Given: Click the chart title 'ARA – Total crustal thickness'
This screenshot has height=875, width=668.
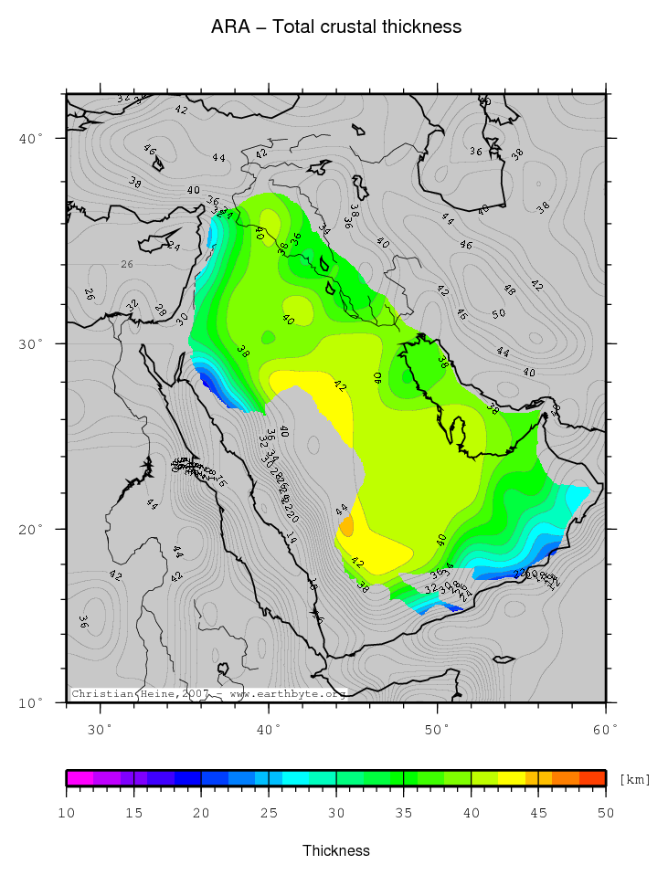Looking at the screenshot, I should pyautogui.click(x=335, y=27).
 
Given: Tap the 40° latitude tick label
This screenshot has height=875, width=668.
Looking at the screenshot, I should pyautogui.click(x=32, y=138).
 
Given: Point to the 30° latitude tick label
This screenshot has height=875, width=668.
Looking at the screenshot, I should pyautogui.click(x=32, y=343).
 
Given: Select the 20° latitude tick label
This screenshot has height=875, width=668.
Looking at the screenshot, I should pyautogui.click(x=32, y=529).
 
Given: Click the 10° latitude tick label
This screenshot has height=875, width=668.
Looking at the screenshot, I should pyautogui.click(x=32, y=702).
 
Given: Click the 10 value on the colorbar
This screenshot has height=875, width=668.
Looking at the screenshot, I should pyautogui.click(x=67, y=813).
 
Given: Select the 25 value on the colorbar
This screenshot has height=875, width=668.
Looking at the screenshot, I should pyautogui.click(x=269, y=813).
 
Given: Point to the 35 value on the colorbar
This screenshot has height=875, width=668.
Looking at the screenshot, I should pyautogui.click(x=404, y=813).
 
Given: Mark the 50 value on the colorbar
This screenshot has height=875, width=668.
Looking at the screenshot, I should pyautogui.click(x=605, y=813).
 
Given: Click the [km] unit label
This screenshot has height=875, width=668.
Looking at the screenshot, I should pyautogui.click(x=635, y=779).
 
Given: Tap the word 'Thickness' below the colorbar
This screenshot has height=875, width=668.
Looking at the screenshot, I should pyautogui.click(x=335, y=850).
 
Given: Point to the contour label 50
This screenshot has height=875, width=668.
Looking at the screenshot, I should pyautogui.click(x=499, y=314).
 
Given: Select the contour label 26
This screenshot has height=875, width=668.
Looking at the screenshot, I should pyautogui.click(x=127, y=264).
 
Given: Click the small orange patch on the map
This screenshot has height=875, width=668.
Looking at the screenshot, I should pyautogui.click(x=346, y=526).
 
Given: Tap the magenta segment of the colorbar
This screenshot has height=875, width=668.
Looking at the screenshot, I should pyautogui.click(x=80, y=778).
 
